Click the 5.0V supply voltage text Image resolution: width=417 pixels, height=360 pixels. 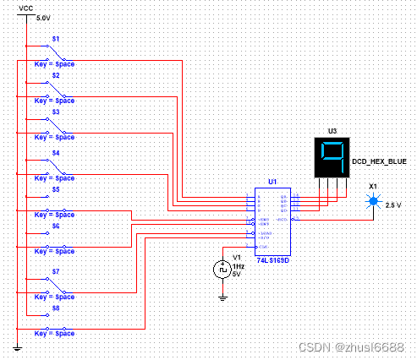coord(43,17)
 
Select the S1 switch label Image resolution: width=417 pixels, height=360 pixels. coord(56,39)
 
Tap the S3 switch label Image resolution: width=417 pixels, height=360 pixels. coord(56,112)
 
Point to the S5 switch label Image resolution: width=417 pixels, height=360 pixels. coord(56,190)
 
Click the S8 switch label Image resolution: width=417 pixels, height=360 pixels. coord(56,309)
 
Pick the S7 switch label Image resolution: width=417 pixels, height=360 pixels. coord(56,272)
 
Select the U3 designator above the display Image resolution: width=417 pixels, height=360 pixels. coord(332,132)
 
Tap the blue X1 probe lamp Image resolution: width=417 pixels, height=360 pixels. coord(372,202)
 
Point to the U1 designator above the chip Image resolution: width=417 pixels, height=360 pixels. coord(272,182)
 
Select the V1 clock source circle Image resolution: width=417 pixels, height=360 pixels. coord(222,269)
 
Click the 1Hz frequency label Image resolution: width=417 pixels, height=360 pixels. coord(239,266)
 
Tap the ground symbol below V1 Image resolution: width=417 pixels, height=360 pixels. coord(222,297)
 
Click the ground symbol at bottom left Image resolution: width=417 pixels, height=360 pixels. coord(18,347)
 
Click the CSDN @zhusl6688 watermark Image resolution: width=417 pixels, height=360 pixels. coord(367,347)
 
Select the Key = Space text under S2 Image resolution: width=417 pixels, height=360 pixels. coord(54,101)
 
